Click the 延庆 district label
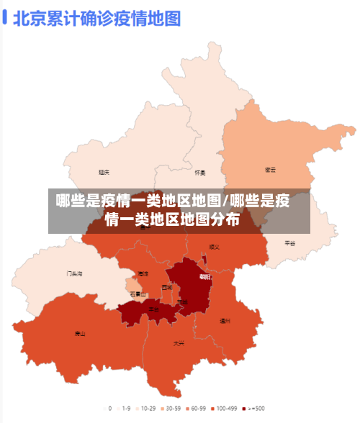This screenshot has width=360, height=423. (104, 173)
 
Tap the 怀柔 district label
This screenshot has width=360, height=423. (200, 173)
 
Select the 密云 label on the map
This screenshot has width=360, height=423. (271, 170)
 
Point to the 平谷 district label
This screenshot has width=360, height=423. (289, 243)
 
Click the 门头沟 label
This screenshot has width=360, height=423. (75, 273)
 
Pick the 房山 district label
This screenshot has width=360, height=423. (79, 334)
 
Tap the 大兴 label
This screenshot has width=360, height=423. (179, 343)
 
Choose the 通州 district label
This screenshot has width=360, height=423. (225, 320)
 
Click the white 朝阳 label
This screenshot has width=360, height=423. (205, 277)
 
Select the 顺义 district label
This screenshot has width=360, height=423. (214, 247)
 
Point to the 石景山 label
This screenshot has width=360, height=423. (138, 294)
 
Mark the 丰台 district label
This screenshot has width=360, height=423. (154, 309)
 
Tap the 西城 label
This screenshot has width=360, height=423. (167, 287)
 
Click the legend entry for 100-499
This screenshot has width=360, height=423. (225, 408)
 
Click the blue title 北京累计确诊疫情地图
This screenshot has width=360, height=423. (96, 18)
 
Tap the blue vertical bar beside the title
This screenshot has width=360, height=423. (5, 18)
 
